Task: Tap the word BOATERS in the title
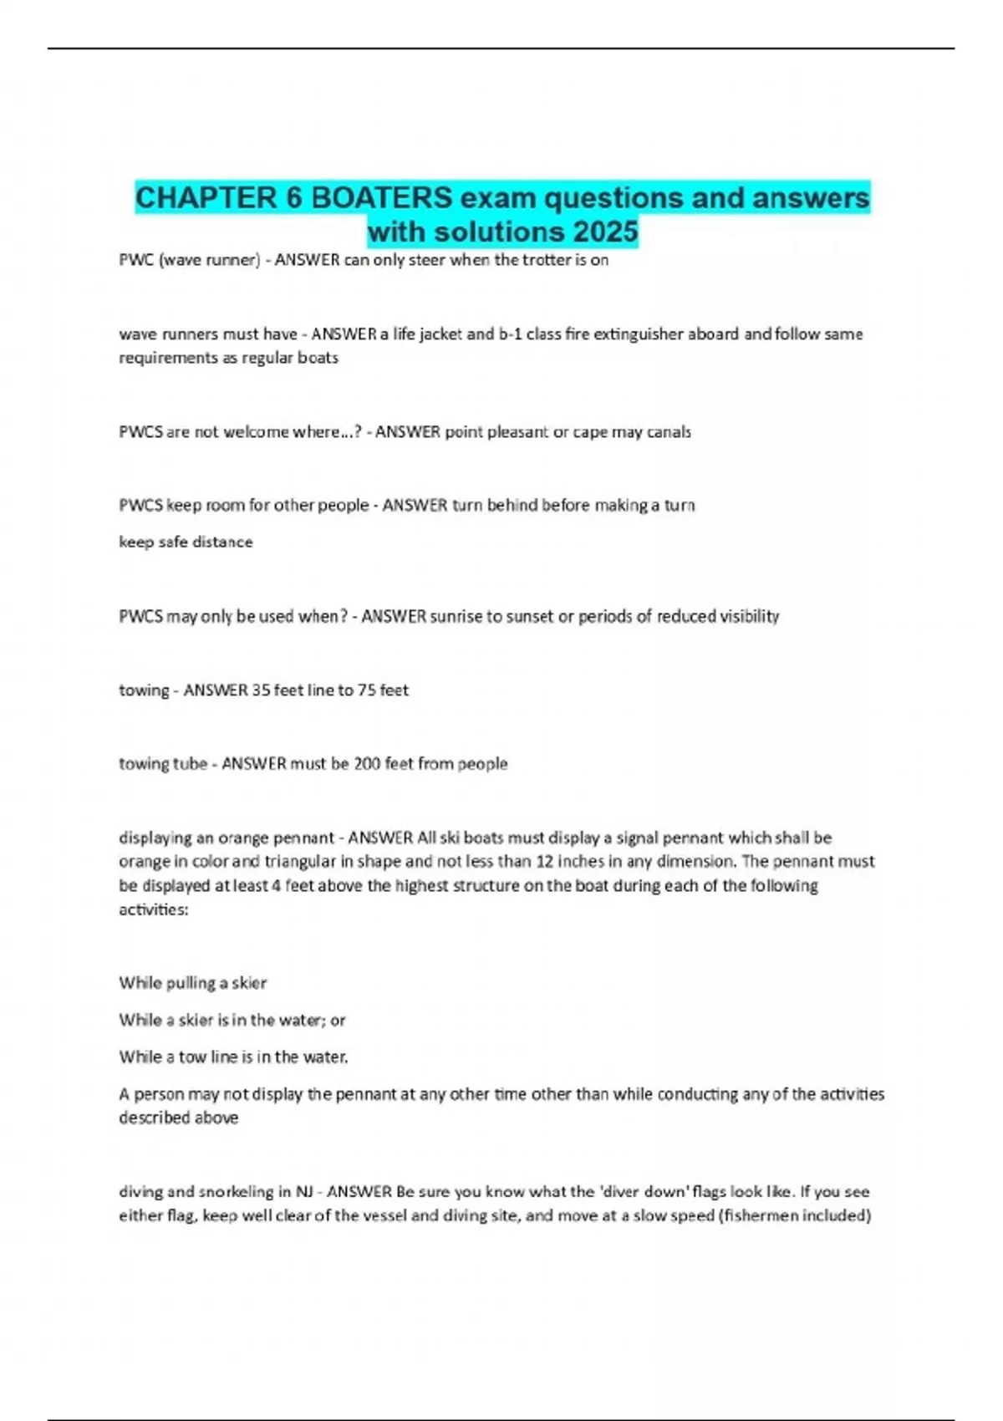[x=381, y=198]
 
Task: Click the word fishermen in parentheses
[x=758, y=1216]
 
